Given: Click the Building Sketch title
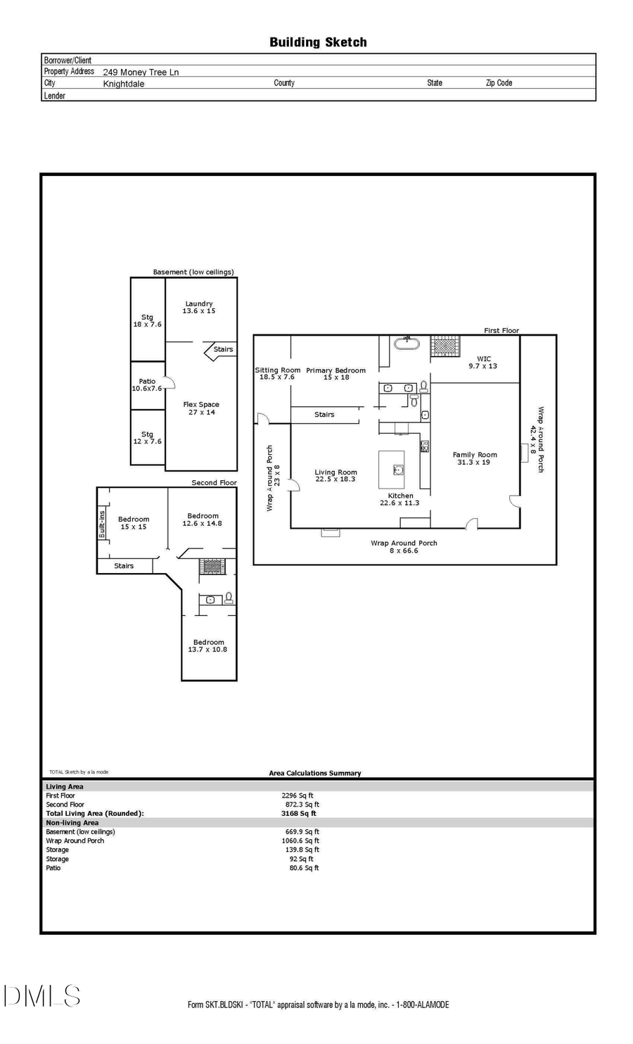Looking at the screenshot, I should (x=318, y=42).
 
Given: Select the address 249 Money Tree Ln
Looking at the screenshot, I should (x=141, y=72).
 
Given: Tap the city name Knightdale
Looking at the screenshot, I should (x=124, y=84).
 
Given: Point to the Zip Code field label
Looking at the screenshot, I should (x=499, y=83).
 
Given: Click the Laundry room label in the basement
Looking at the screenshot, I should (x=199, y=307).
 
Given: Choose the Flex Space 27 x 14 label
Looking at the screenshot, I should (x=201, y=408).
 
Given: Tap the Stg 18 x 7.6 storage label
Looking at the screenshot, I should (x=147, y=320).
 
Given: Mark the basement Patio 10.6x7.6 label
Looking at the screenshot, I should (x=147, y=384).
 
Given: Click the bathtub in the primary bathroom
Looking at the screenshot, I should (x=407, y=344).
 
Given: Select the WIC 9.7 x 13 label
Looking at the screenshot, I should (x=483, y=362).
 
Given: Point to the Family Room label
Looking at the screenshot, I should (x=475, y=458).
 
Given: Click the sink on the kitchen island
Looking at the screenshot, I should (x=398, y=469).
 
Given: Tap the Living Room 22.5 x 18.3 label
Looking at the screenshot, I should (x=335, y=475).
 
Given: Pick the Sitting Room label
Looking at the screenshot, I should (x=277, y=373).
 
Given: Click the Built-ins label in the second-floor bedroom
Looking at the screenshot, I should (x=102, y=524).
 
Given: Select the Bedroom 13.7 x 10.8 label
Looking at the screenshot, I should (x=208, y=646).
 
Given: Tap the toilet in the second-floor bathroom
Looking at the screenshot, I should (x=228, y=598).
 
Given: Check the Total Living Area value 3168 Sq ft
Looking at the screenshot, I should (x=299, y=813).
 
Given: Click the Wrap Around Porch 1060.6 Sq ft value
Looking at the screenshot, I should (x=302, y=841).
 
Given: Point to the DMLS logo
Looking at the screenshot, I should (x=42, y=995).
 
